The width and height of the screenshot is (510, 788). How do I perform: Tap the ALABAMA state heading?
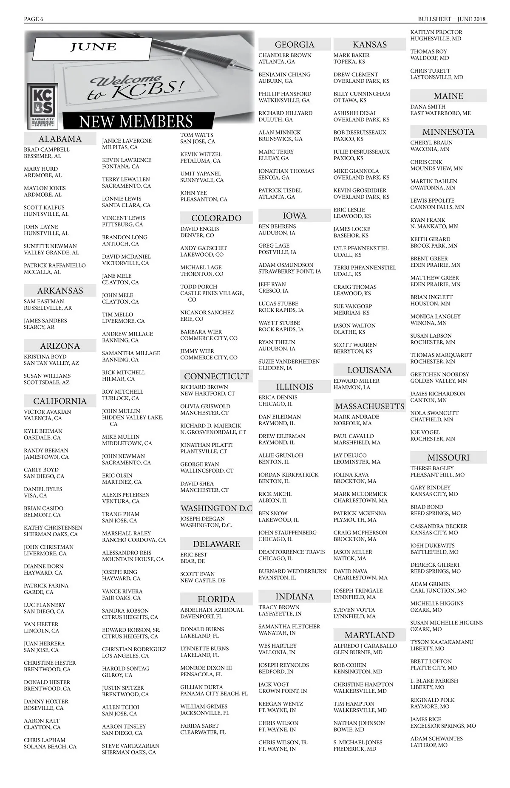[x=60, y=139]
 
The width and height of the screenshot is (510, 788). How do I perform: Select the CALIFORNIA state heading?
[x=60, y=401]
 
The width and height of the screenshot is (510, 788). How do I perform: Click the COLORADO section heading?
[x=216, y=218]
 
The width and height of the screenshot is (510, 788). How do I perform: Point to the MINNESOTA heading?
[x=448, y=132]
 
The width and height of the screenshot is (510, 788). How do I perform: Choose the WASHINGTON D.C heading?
[x=216, y=508]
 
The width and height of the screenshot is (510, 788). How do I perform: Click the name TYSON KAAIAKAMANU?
[x=442, y=642]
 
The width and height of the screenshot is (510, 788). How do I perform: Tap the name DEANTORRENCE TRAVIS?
[x=292, y=552]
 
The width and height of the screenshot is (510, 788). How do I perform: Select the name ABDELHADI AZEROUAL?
[x=212, y=610]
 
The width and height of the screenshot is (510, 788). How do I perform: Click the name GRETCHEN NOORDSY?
[x=439, y=374]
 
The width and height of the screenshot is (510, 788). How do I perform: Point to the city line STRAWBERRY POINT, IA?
[x=290, y=271]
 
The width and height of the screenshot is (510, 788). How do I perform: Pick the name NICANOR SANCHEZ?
[x=207, y=312]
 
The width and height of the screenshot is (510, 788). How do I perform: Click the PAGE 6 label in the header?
[x=34, y=19]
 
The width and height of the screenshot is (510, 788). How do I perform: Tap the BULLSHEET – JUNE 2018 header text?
[x=452, y=19]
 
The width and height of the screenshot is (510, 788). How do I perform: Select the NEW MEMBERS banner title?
[x=136, y=121]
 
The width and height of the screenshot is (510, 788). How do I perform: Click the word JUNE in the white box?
[x=93, y=47]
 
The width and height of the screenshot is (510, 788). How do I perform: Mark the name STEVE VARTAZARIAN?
[x=130, y=746]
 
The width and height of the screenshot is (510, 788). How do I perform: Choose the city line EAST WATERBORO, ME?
[x=440, y=113]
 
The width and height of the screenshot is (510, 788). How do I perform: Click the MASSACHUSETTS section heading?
[x=369, y=406]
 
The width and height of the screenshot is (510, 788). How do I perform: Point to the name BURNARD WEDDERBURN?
[x=292, y=571]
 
